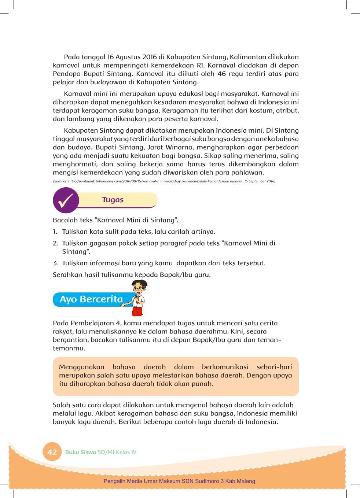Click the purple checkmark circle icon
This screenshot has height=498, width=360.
coord(66,200)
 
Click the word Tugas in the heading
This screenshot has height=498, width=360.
coord(113,200)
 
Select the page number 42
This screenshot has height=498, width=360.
coord(52,452)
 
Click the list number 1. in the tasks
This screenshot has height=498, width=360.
coord(55,232)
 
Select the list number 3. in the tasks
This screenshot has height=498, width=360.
coord(55,263)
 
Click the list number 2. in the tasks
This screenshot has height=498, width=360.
coord(55,243)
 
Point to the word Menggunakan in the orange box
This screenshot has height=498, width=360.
coord(81,367)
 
